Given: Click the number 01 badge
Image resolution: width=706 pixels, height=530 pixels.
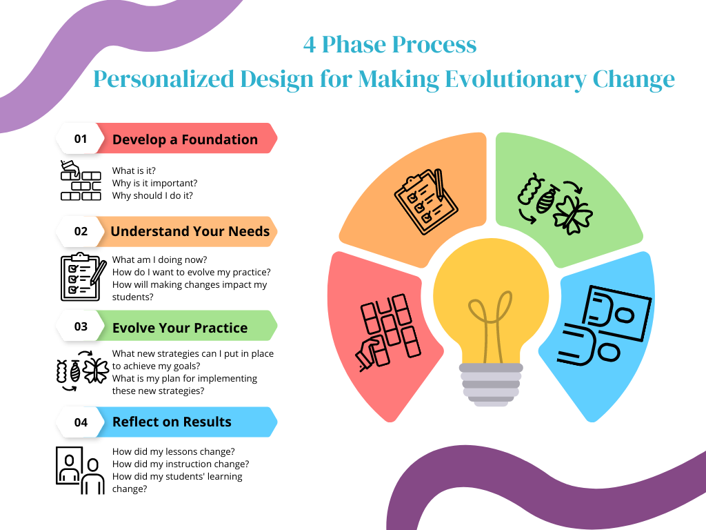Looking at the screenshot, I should click(x=81, y=139).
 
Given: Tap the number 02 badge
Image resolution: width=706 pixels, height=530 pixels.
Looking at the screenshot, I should click(x=81, y=231).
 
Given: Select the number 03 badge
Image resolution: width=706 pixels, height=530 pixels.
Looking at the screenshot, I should click(x=81, y=327).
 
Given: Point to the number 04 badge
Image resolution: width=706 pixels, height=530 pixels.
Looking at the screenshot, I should click(x=81, y=422).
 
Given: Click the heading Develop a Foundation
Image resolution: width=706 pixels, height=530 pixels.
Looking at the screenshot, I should click(x=185, y=139).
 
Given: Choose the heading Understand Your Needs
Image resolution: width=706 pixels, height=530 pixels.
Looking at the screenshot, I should click(x=190, y=232).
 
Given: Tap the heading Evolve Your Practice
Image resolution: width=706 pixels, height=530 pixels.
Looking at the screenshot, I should click(x=180, y=328).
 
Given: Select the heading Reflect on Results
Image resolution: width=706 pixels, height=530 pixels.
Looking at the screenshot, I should click(x=172, y=422).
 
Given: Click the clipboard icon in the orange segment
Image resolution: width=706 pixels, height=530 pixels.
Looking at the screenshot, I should click(x=425, y=199).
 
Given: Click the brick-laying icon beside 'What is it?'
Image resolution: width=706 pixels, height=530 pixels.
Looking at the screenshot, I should click(x=81, y=181).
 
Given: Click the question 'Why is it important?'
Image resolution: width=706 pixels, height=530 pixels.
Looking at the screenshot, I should click(x=154, y=183).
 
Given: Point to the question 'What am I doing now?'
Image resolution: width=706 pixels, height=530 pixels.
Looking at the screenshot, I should click(x=159, y=260).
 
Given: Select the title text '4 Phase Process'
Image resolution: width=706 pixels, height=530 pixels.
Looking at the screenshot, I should click(x=390, y=45).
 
